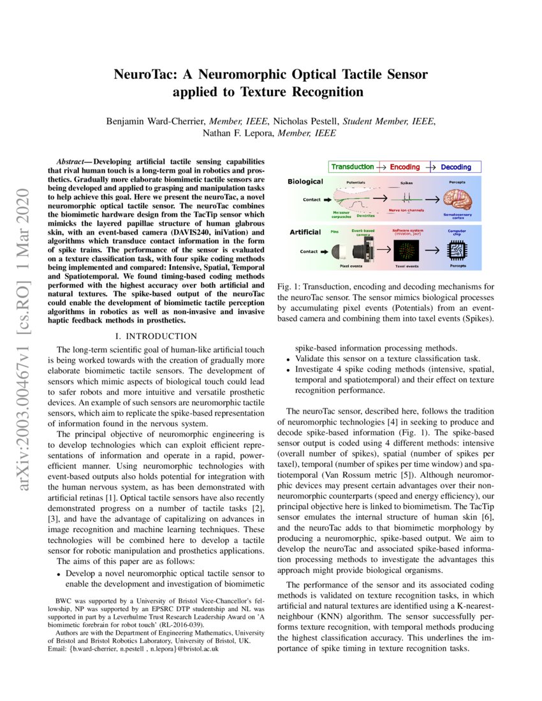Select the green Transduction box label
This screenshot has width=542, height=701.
coord(352,167)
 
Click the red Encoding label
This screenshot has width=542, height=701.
coord(405,167)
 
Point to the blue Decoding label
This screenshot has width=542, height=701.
coord(457,167)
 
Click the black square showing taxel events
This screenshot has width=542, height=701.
coord(407,250)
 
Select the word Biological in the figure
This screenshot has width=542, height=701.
coord(305,182)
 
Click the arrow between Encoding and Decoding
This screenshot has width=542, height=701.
coord(431,167)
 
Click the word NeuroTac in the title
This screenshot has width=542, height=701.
coord(141,75)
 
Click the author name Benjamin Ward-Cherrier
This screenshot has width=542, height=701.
coord(158,121)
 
